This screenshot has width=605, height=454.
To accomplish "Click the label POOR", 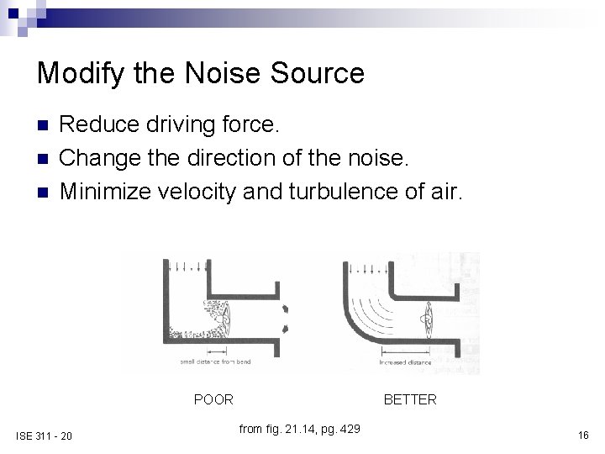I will tap(213, 399).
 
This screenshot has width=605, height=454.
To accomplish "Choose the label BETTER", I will tap(410, 399).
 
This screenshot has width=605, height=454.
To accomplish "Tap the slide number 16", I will tap(582, 435).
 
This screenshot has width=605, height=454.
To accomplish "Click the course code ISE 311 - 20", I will tap(44, 435).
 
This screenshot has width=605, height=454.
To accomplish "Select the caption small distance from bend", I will tap(214, 362).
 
